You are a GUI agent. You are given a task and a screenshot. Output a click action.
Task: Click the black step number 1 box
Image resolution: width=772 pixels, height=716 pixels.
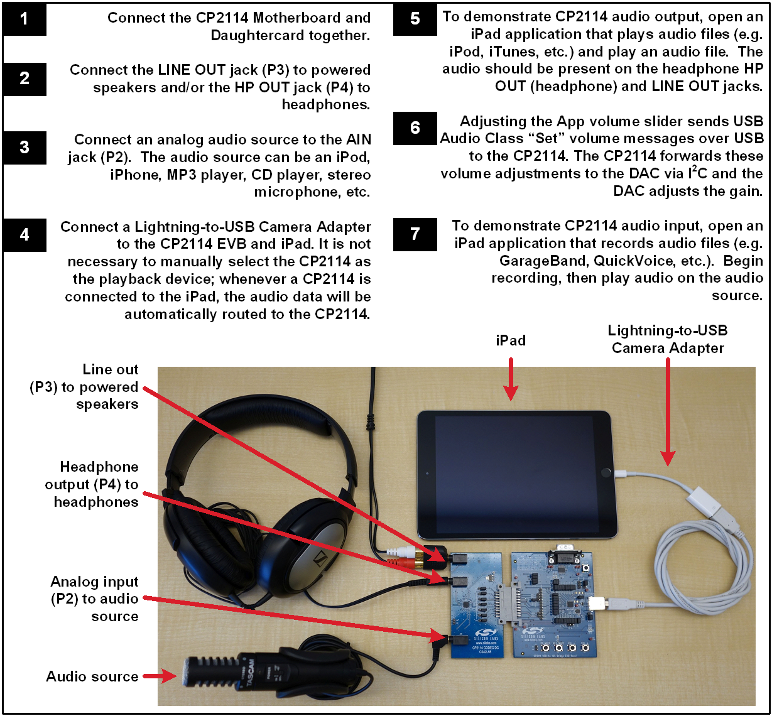(x=24, y=19)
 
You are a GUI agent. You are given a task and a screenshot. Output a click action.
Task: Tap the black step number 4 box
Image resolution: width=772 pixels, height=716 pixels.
(x=24, y=235)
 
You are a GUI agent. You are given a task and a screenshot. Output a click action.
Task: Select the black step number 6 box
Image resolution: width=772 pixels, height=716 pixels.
(x=415, y=128)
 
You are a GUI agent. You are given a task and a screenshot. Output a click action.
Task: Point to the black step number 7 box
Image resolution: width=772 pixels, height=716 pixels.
(x=415, y=234)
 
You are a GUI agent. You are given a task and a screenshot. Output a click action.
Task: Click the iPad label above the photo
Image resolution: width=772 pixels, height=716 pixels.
(x=511, y=340)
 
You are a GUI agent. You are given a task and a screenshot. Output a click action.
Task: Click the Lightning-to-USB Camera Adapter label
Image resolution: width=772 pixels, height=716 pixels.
(x=667, y=339)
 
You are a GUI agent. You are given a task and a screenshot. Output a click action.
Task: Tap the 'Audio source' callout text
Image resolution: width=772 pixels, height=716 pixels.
(x=92, y=676)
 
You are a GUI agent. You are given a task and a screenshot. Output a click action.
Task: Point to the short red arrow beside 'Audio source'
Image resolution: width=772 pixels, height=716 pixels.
(x=160, y=676)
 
